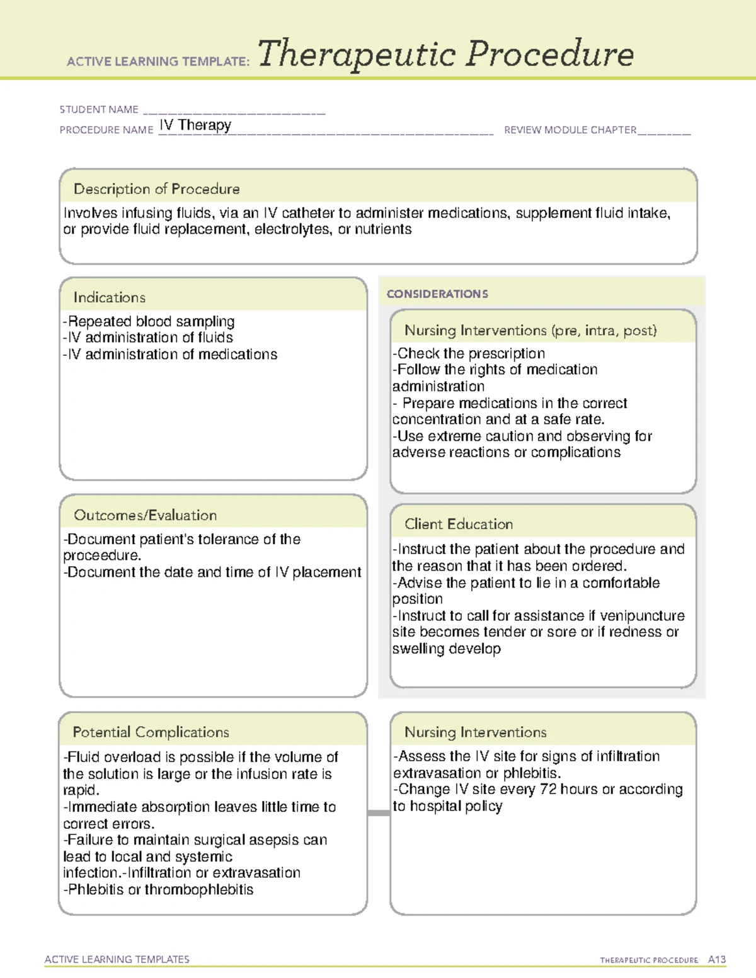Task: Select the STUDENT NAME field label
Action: [99, 110]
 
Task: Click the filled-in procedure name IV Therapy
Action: [195, 125]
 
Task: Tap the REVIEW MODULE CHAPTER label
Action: [570, 130]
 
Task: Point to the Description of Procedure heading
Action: [156, 189]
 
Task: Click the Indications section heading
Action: [109, 297]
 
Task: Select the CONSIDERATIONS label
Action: [437, 294]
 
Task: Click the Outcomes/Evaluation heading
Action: [145, 515]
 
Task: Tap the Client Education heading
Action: [458, 524]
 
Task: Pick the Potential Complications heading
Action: [151, 732]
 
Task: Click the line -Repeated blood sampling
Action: [149, 321]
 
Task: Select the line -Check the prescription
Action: [468, 353]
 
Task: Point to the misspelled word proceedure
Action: [101, 555]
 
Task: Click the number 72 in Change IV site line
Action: [548, 789]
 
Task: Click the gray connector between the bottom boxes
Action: [379, 813]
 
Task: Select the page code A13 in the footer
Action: [716, 960]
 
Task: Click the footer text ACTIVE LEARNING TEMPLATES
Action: [117, 959]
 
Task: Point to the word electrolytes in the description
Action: [292, 229]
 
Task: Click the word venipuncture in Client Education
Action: [642, 615]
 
